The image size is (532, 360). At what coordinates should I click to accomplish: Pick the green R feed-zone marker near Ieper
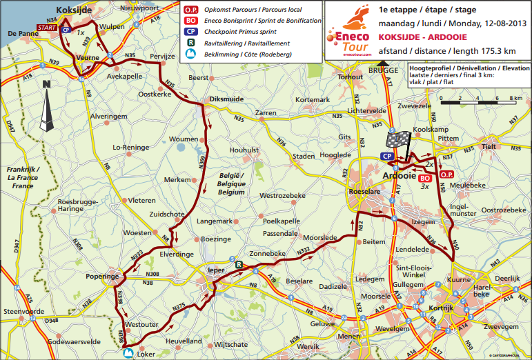238,263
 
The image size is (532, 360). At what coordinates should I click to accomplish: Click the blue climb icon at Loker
128,353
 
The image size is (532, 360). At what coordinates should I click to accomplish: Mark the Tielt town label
490,146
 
